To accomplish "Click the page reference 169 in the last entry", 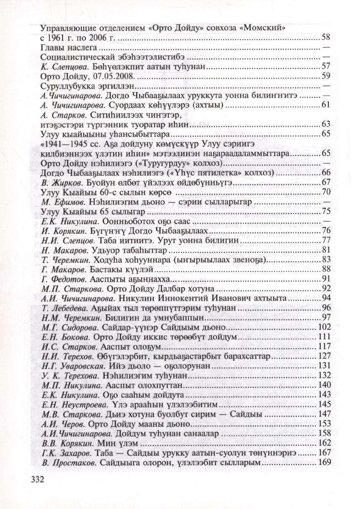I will tap(323, 462).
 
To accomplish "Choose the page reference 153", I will tap(323, 423).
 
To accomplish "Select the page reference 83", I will tap(326, 260).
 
